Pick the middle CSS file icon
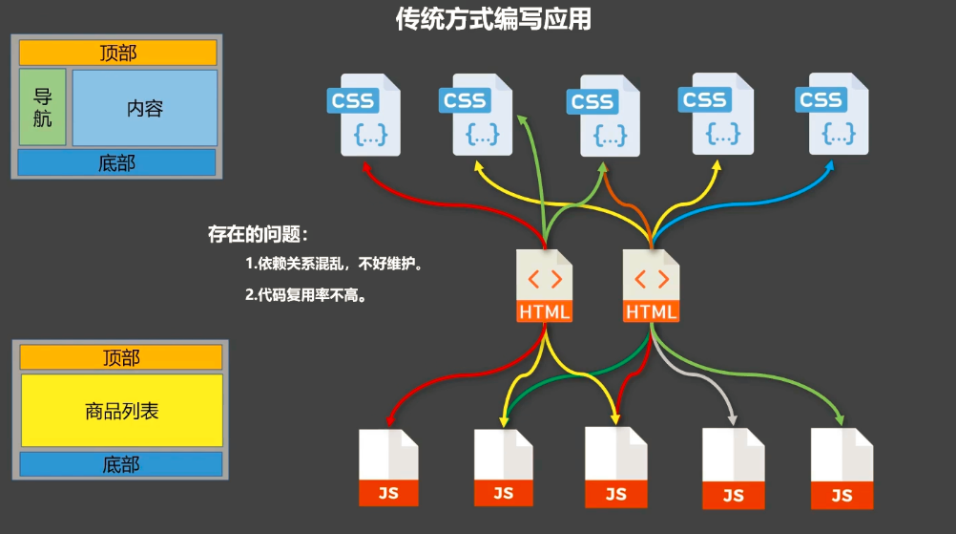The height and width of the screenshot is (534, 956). (604, 116)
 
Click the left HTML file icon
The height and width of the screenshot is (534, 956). (545, 287)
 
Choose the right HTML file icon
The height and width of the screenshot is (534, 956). (652, 287)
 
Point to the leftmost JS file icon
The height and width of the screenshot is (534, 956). (388, 468)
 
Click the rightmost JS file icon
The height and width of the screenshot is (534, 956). (842, 469)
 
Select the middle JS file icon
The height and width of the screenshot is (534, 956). (615, 467)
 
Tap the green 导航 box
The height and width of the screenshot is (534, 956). (43, 107)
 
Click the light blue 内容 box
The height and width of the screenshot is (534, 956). (145, 108)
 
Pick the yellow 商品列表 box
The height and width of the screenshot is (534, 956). (121, 411)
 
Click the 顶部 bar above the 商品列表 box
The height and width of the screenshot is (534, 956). (121, 357)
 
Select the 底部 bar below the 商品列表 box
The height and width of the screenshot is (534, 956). (121, 464)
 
